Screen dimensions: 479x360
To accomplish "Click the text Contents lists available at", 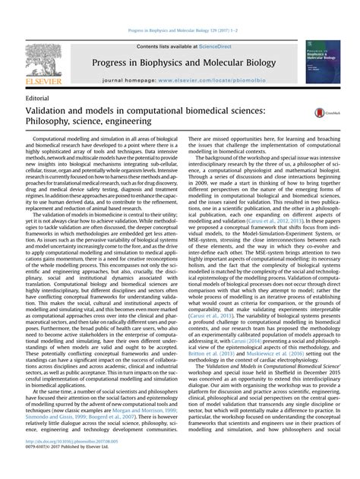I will (165, 46).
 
